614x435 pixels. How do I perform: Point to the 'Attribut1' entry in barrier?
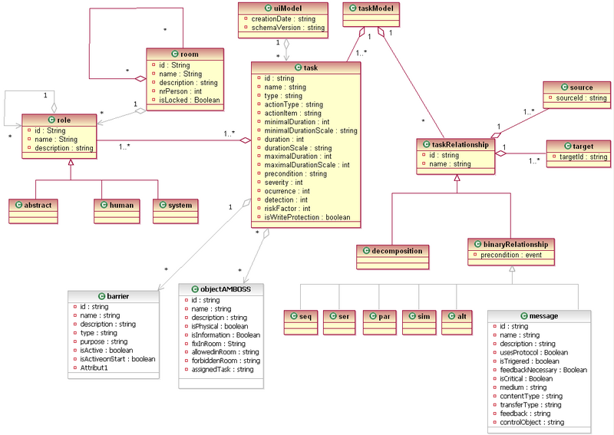coord(96,368)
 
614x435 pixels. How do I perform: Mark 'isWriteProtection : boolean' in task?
coord(307,217)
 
